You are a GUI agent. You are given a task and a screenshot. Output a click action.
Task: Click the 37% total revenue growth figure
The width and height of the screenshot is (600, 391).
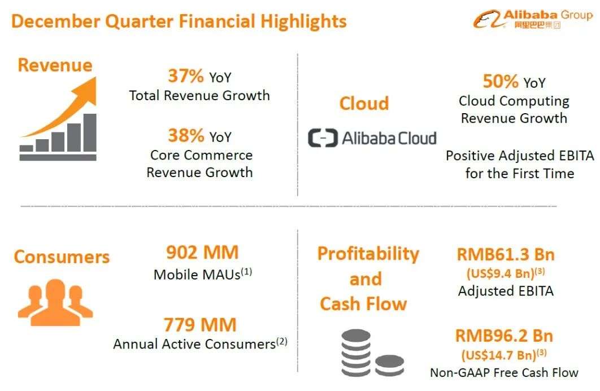tap(185, 75)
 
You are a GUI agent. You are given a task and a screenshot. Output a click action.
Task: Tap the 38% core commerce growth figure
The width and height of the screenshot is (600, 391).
tap(186, 135)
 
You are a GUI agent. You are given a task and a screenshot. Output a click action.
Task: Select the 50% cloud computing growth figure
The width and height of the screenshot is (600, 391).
tap(501, 81)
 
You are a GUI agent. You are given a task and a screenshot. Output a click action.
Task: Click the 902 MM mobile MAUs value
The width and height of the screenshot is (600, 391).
tap(202, 252)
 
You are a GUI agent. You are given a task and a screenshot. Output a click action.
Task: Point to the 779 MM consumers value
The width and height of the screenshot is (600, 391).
tap(200, 325)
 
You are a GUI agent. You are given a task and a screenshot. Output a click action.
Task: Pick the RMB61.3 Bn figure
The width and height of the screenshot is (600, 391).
tap(506, 255)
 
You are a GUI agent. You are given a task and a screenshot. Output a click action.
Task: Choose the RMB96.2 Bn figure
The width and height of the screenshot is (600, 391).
tap(505, 336)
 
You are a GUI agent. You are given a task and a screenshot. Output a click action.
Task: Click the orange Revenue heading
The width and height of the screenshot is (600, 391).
tap(55, 65)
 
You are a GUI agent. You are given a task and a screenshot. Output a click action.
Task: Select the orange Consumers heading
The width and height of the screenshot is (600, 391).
tap(62, 257)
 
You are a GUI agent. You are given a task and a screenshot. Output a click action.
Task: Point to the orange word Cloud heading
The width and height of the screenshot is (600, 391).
tap(364, 104)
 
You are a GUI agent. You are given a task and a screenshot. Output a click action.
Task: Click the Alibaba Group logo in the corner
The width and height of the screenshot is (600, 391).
tap(533, 19)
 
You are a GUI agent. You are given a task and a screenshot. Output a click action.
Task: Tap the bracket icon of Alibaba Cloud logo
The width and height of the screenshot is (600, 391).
tap(323, 138)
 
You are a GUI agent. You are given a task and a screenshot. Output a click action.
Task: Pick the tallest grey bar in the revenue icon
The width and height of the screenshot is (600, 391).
tap(90, 132)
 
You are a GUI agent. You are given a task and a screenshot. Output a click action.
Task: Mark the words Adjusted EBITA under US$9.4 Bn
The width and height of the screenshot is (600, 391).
tap(506, 291)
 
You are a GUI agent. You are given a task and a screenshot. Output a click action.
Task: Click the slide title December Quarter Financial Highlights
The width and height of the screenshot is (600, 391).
tap(179, 21)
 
